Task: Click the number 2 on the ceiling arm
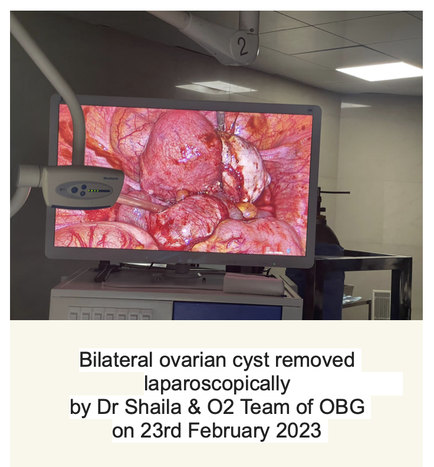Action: [x=243, y=47]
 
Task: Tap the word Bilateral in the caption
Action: [x=116, y=360]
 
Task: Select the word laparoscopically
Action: [x=217, y=384]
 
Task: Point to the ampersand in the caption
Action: [x=194, y=407]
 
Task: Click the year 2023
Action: [x=298, y=430]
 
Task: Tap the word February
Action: [x=228, y=430]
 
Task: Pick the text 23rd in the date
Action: [x=161, y=430]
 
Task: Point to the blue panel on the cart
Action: [x=227, y=311]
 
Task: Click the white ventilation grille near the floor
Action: [x=382, y=304]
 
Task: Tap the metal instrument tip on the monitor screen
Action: [x=221, y=121]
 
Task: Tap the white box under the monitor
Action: [x=253, y=284]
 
